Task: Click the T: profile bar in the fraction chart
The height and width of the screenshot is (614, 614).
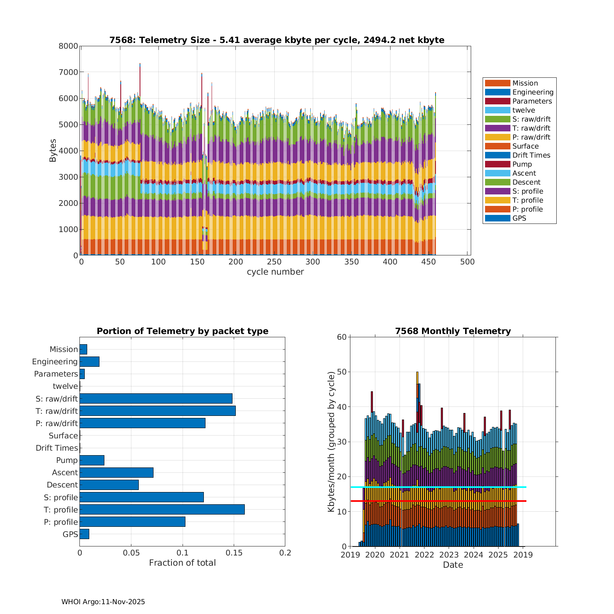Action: coord(162,509)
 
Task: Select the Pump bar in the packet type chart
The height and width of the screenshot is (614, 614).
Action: coord(92,460)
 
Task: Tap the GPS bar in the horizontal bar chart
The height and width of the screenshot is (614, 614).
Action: coord(84,534)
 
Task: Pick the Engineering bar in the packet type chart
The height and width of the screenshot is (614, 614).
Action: coord(89,361)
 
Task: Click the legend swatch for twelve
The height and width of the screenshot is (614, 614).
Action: coord(497,110)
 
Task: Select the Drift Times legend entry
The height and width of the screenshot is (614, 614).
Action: coord(531,155)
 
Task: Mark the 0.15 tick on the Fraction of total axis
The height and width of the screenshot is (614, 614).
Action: coord(234,553)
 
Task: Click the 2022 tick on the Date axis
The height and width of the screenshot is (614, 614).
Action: coord(424,555)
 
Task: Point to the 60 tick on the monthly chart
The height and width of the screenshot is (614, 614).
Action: coord(342,337)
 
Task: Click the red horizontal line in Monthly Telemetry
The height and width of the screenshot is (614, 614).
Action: coord(438,501)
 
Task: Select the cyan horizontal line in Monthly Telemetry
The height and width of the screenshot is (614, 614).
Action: coord(438,487)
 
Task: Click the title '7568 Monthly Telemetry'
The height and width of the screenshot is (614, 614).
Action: coord(453,331)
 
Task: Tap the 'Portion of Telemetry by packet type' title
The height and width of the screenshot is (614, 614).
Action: coord(182,331)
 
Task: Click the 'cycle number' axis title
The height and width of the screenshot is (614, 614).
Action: coord(275,272)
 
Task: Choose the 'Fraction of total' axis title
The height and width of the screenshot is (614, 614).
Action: coord(182,563)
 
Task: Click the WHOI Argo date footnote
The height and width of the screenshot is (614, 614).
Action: coord(103,602)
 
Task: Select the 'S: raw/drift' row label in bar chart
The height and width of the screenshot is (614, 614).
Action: coord(56,399)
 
